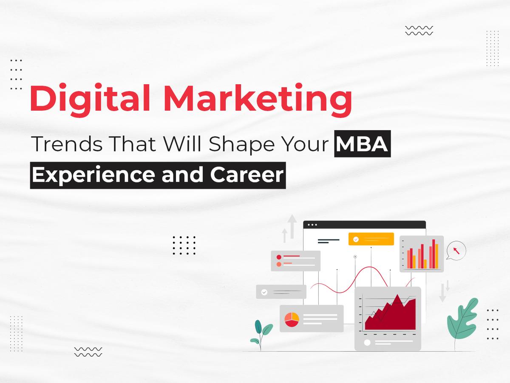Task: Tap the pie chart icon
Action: tap(292, 320)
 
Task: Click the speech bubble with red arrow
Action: tap(456, 251)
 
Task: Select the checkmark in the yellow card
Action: tap(356, 240)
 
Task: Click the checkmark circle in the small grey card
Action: tap(264, 292)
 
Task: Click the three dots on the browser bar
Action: tap(312, 225)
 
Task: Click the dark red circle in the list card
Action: tap(279, 257)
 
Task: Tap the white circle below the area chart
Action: tap(367, 343)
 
